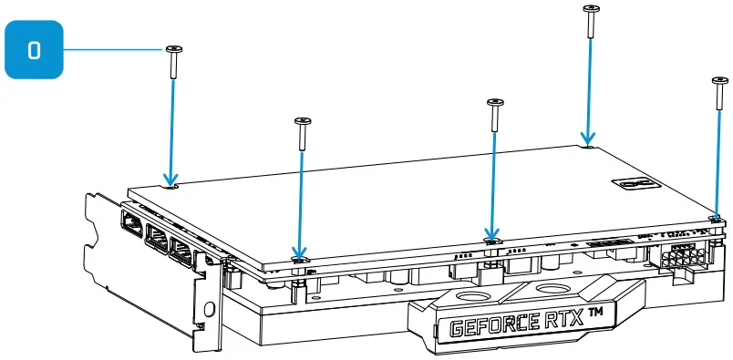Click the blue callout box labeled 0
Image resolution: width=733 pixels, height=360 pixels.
pos(35,50)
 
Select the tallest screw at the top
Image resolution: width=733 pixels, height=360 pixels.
pos(591,20)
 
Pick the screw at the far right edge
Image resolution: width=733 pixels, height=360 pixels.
pos(717,96)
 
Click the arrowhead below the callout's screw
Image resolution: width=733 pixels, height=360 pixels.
pos(170,180)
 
